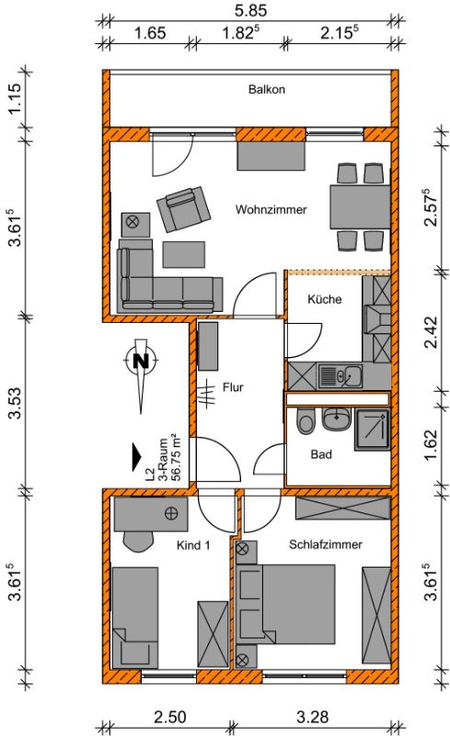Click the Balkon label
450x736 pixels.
tap(266, 89)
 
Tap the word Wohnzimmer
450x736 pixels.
tap(271, 210)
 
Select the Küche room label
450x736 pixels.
tap(324, 299)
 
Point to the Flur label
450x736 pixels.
tap(233, 387)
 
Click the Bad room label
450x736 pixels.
tap(321, 454)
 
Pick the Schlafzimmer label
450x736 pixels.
tap(326, 545)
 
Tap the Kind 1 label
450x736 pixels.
tap(193, 545)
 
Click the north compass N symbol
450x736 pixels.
tap(141, 361)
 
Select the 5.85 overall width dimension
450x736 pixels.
tap(250, 10)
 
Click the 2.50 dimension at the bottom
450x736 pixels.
tap(170, 718)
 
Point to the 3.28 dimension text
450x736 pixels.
tap(312, 718)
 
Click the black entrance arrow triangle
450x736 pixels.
tap(136, 456)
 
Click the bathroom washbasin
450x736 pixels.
tap(336, 419)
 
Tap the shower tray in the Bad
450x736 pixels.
tap(372, 430)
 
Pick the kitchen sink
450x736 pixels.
tap(340, 376)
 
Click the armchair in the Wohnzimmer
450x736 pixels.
tap(184, 210)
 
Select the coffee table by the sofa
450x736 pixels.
tap(184, 255)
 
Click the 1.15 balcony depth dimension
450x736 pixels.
tap(16, 98)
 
